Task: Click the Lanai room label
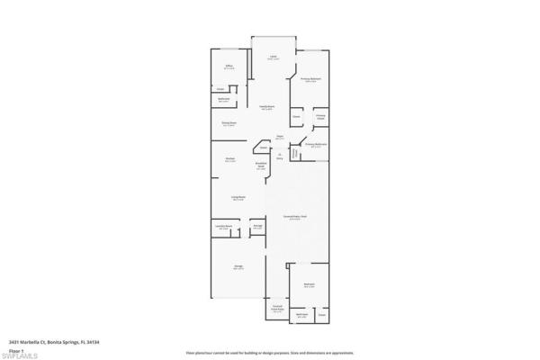coord(274,58)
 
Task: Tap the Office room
coord(229,67)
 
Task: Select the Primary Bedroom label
coord(310,79)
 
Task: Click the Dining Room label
coord(229,123)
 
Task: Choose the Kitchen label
coord(230,160)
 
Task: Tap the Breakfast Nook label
coord(261,165)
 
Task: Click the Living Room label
coord(238,199)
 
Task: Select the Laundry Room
coord(224,228)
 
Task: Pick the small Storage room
coord(257,227)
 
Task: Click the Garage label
coord(238,268)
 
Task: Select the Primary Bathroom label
coord(315,145)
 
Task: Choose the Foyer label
coord(280,138)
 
